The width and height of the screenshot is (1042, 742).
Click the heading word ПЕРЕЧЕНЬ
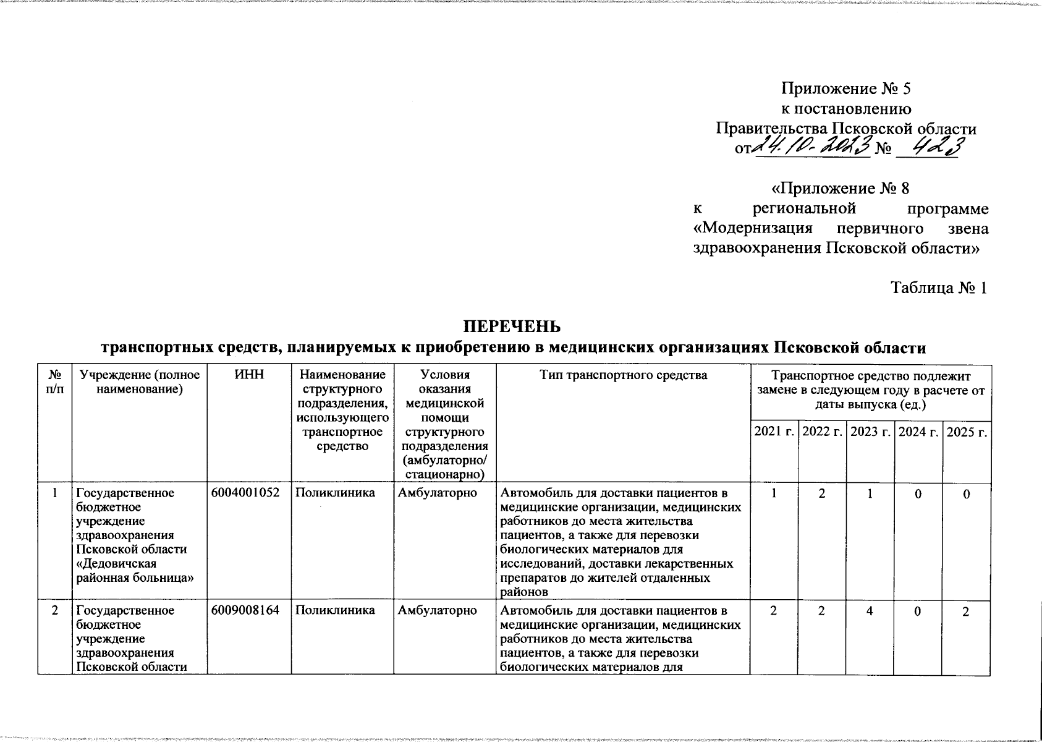pos(513,326)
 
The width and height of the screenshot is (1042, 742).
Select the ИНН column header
pos(244,375)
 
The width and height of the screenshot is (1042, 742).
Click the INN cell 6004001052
pos(245,493)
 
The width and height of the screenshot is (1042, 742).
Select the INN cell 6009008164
pos(245,610)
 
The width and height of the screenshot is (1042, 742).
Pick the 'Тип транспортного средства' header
pos(623,375)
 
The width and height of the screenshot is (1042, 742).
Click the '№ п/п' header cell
pos(55,381)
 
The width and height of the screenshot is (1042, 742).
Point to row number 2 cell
pos(55,610)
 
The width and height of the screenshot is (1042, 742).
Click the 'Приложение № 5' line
pos(846,89)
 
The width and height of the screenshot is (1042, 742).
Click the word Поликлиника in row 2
pos(334,610)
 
